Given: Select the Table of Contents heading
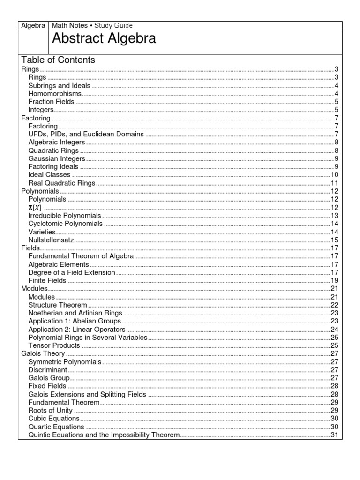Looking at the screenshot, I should (x=58, y=60).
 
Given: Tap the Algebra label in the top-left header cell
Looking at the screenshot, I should (x=33, y=25).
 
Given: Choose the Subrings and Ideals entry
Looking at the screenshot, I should (x=59, y=85).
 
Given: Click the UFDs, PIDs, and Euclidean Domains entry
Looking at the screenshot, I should (x=86, y=135).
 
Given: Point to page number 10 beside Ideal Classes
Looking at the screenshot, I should (x=335, y=175).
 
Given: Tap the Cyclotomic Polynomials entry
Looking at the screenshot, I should (x=65, y=224).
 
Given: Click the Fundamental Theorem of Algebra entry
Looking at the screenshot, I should (x=81, y=256).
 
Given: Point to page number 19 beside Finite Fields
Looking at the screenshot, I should (x=335, y=281).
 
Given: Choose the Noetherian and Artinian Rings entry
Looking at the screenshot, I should (x=75, y=313).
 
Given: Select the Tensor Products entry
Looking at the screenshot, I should (x=54, y=345).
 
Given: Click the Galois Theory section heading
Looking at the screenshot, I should (x=43, y=354).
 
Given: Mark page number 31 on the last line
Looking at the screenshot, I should (x=335, y=435).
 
